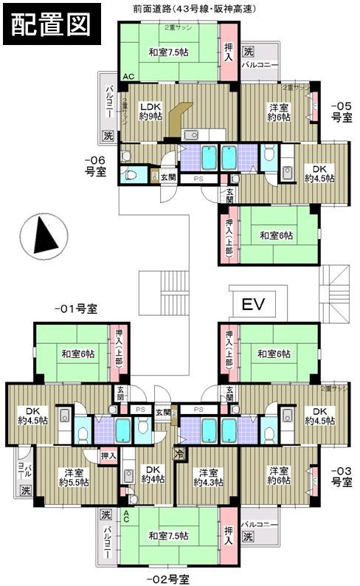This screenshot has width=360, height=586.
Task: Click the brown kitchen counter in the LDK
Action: tap(179, 118)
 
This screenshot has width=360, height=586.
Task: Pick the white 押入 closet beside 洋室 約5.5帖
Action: tap(107, 456)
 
